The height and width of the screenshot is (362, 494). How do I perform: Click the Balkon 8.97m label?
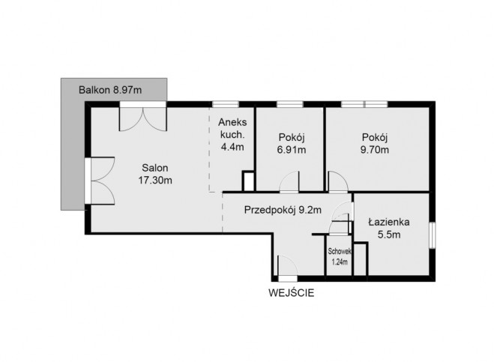point(110,90)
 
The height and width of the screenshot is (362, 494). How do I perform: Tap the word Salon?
point(155,168)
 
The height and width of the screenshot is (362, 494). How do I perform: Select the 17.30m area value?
point(155,180)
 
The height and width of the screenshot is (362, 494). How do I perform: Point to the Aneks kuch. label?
point(232,128)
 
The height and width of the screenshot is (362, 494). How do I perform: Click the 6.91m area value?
point(292,150)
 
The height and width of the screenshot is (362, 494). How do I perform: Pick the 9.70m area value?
point(375,150)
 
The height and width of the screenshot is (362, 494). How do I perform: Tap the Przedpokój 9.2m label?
point(283,210)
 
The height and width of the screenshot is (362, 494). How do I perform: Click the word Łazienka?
point(389,222)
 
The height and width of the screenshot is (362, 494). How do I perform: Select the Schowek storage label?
point(340,251)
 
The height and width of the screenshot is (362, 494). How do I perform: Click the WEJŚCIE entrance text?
point(292,293)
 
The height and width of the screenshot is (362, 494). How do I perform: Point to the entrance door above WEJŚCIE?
point(287,268)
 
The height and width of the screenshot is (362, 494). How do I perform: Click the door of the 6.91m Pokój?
point(289,182)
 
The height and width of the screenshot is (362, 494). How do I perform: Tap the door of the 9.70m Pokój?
point(338,182)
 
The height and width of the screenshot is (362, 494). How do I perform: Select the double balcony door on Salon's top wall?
point(142,117)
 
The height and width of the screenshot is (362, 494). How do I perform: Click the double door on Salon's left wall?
point(100,181)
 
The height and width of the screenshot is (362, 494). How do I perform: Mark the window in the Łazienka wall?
point(433,235)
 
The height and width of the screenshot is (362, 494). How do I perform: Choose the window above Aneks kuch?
point(226,104)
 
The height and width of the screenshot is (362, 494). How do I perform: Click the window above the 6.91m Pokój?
point(290,104)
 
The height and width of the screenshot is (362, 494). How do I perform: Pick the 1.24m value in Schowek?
point(340,262)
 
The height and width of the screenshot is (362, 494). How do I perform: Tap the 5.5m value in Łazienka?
point(389,235)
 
